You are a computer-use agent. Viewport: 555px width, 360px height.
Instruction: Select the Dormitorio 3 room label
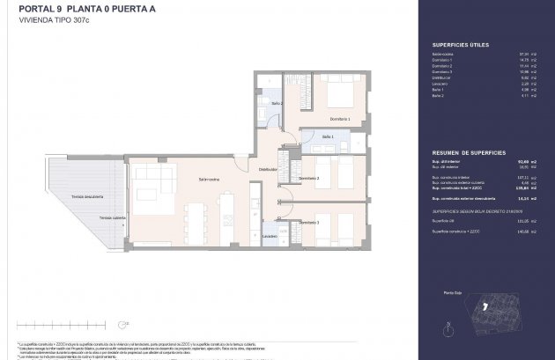tap(307, 223)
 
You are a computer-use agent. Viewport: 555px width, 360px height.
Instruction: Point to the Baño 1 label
tap(327, 136)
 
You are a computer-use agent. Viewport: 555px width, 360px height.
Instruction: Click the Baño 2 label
tap(276, 104)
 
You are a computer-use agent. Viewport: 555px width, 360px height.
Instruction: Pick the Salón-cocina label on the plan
tap(209, 179)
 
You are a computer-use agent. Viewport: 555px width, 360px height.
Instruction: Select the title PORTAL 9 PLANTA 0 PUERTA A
tap(78, 8)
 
